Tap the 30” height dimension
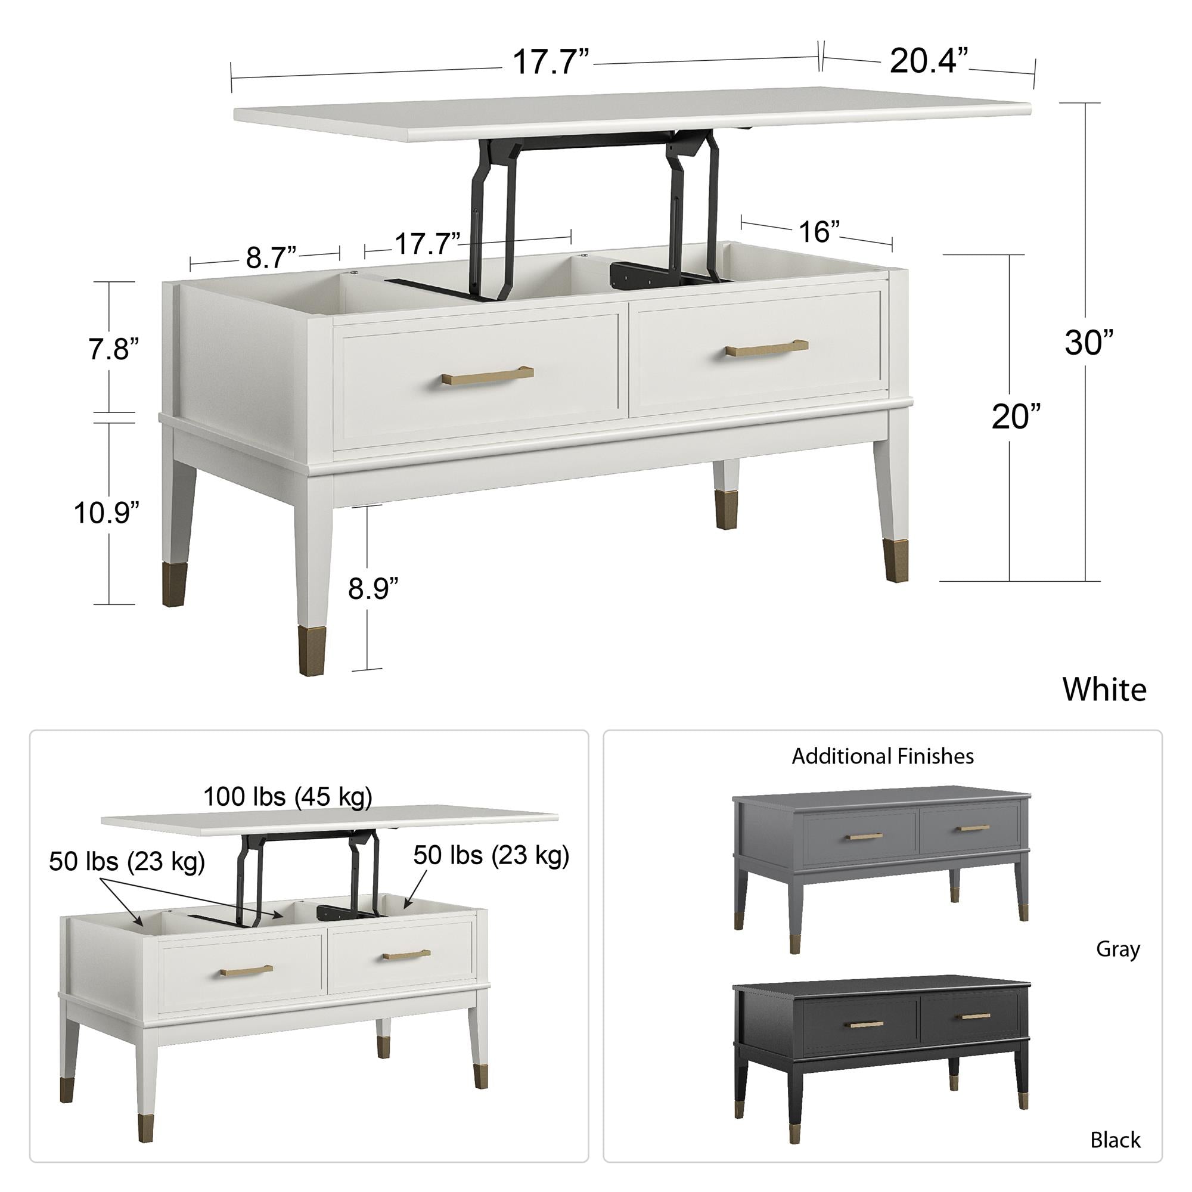[x=1089, y=343]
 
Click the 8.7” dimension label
[x=271, y=257]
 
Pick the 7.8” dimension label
[x=113, y=349]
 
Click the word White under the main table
[x=1104, y=689]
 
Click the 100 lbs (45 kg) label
[x=288, y=797]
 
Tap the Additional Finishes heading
[x=883, y=756]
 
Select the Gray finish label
[x=1118, y=949]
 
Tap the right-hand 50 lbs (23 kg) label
[x=491, y=856]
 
